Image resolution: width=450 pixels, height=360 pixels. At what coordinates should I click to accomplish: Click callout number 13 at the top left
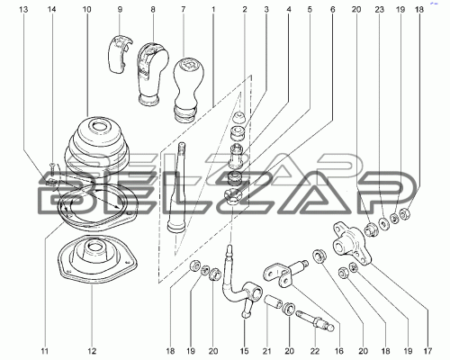tap(23, 10)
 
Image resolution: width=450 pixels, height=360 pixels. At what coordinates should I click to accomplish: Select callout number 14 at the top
tap(52, 10)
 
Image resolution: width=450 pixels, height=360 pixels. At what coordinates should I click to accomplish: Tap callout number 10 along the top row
tap(86, 10)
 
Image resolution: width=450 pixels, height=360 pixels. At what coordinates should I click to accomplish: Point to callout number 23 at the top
tap(380, 10)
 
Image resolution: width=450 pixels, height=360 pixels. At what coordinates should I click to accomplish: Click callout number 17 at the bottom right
tap(428, 351)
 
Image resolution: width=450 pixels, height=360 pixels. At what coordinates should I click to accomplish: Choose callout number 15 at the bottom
tap(245, 351)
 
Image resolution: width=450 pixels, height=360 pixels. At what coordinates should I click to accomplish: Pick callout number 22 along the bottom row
tap(315, 351)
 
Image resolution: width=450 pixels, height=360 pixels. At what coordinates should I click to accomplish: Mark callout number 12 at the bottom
tap(92, 351)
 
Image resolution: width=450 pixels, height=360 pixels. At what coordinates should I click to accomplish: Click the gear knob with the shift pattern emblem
tap(188, 89)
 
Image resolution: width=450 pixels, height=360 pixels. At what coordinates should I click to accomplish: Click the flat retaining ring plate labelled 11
tap(96, 207)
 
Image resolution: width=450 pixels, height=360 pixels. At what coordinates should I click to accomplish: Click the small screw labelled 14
tap(52, 170)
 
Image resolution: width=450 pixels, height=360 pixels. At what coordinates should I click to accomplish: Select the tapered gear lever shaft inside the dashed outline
tap(176, 187)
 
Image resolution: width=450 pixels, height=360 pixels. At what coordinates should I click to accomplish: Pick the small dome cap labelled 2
tap(239, 117)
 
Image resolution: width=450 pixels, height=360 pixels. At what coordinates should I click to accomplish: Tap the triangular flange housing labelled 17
tap(352, 245)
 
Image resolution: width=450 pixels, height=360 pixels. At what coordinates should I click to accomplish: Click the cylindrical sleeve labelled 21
tap(273, 302)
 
